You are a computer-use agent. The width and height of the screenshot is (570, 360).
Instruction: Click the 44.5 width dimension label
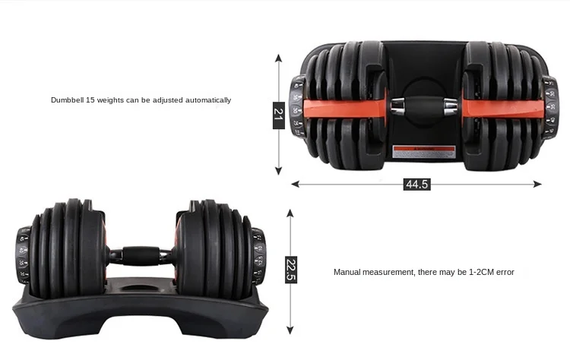coord(416,184)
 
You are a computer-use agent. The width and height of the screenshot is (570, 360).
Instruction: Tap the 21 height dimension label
coord(278,114)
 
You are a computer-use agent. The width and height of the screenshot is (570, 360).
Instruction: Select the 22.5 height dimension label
coord(291,270)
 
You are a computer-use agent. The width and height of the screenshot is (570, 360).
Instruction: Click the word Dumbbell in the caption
coord(67,100)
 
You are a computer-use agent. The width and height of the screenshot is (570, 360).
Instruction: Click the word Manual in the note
coord(347,272)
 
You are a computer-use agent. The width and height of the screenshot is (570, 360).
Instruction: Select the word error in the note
coord(505,272)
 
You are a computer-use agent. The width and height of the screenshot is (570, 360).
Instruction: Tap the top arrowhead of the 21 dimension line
coord(278,58)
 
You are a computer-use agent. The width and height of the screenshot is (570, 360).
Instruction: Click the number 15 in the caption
coord(91,100)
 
